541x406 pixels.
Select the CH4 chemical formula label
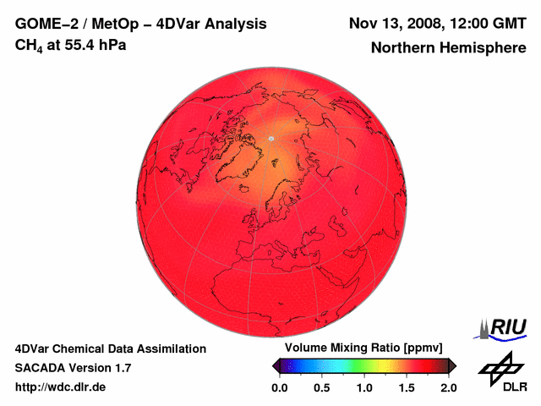point(30,46)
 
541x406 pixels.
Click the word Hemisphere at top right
point(485,48)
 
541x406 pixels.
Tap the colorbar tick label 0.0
point(279,387)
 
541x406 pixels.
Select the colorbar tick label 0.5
point(322,387)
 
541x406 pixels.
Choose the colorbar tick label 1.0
point(364,387)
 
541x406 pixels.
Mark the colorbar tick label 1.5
point(407,387)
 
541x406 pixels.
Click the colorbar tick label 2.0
point(449,387)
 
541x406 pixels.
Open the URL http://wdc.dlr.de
point(61,387)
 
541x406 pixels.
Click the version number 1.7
point(121,368)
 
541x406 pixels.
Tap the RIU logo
point(499,327)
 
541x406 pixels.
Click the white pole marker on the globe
point(270,138)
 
